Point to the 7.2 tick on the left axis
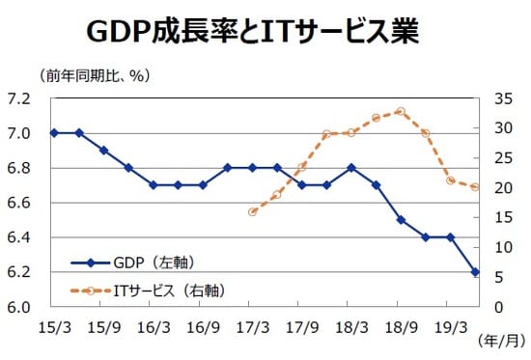18,98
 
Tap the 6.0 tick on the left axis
18,307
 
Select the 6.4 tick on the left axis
18,237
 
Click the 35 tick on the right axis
498,98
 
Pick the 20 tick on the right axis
498,188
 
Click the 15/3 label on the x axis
53,326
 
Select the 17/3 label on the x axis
252,326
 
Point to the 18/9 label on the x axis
401,326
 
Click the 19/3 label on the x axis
450,326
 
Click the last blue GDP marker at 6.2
475,272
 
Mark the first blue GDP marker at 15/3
53,132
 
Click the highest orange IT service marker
401,112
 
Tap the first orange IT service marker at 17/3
252,211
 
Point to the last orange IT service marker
475,187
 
